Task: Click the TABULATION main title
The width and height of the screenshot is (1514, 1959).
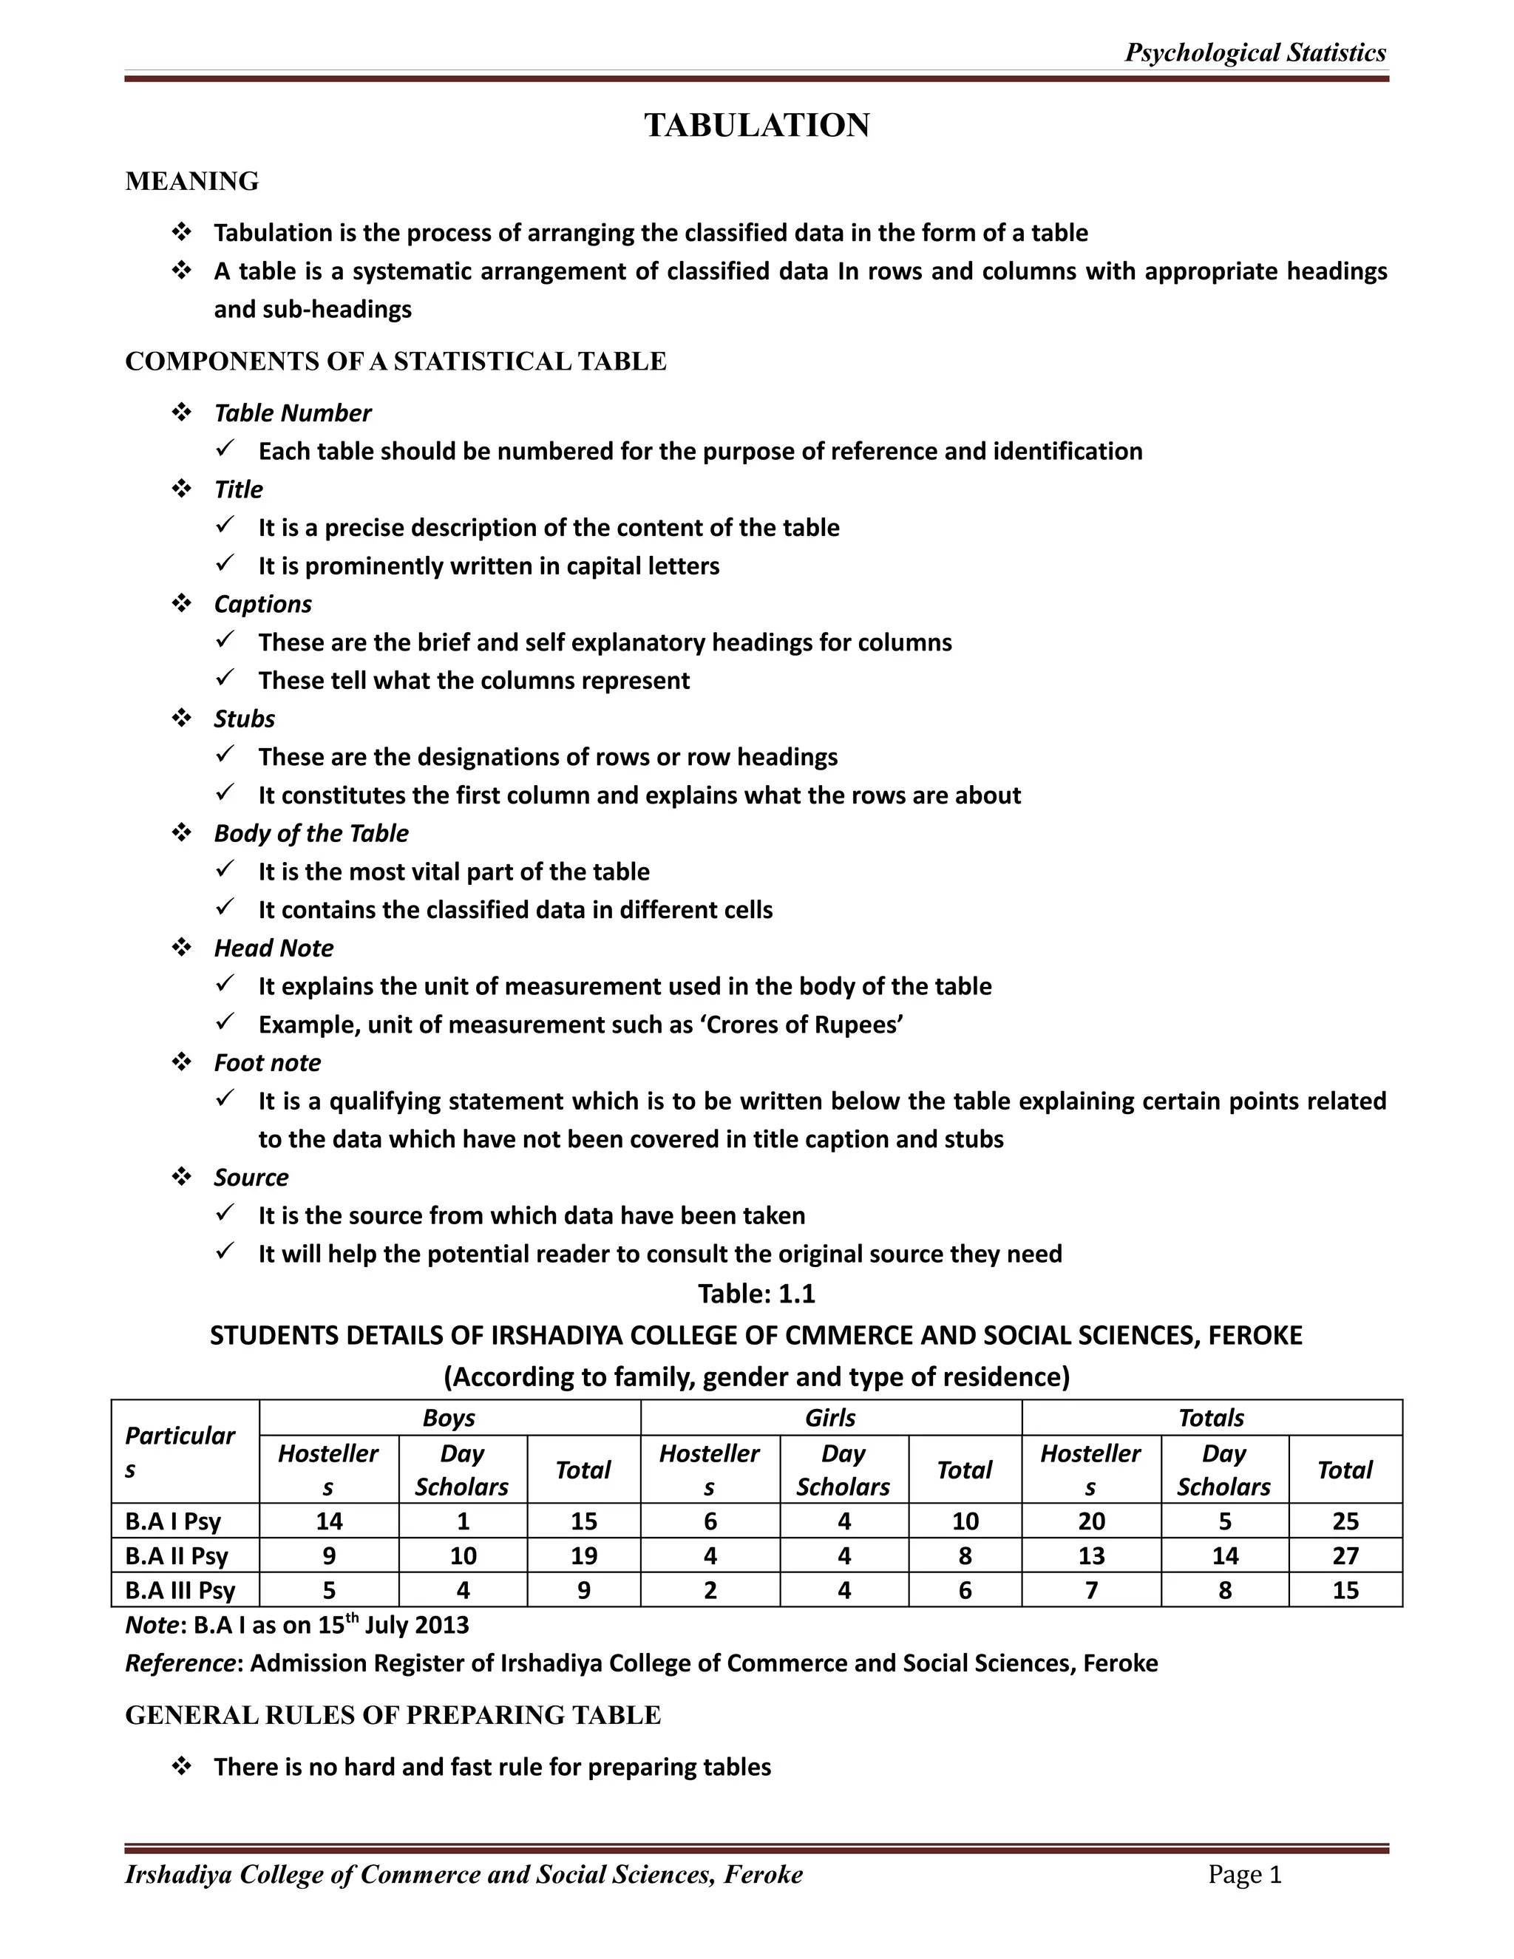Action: tap(756, 125)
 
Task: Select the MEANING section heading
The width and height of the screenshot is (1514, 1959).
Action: tap(192, 181)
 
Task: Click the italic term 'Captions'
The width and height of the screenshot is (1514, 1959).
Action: tap(262, 604)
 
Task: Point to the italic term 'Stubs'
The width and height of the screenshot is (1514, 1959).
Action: tap(244, 719)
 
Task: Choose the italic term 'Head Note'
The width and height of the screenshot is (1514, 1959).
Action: tap(274, 948)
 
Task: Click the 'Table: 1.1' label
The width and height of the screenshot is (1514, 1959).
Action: tap(756, 1294)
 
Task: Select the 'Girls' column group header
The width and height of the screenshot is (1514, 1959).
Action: tap(829, 1417)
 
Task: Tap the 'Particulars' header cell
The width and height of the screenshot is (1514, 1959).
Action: tap(180, 1451)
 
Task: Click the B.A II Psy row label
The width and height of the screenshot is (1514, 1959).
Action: tap(177, 1555)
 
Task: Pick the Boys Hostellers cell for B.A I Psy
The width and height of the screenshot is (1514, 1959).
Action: tap(329, 1521)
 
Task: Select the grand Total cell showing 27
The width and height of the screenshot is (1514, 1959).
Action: tap(1345, 1555)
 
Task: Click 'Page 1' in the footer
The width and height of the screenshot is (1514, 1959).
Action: tap(1245, 1875)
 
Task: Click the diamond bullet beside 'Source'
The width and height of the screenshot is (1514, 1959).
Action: tap(182, 1176)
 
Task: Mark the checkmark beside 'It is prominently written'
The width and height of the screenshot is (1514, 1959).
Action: tap(226, 563)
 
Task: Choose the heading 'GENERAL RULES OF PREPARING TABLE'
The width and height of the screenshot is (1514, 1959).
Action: tap(393, 1715)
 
